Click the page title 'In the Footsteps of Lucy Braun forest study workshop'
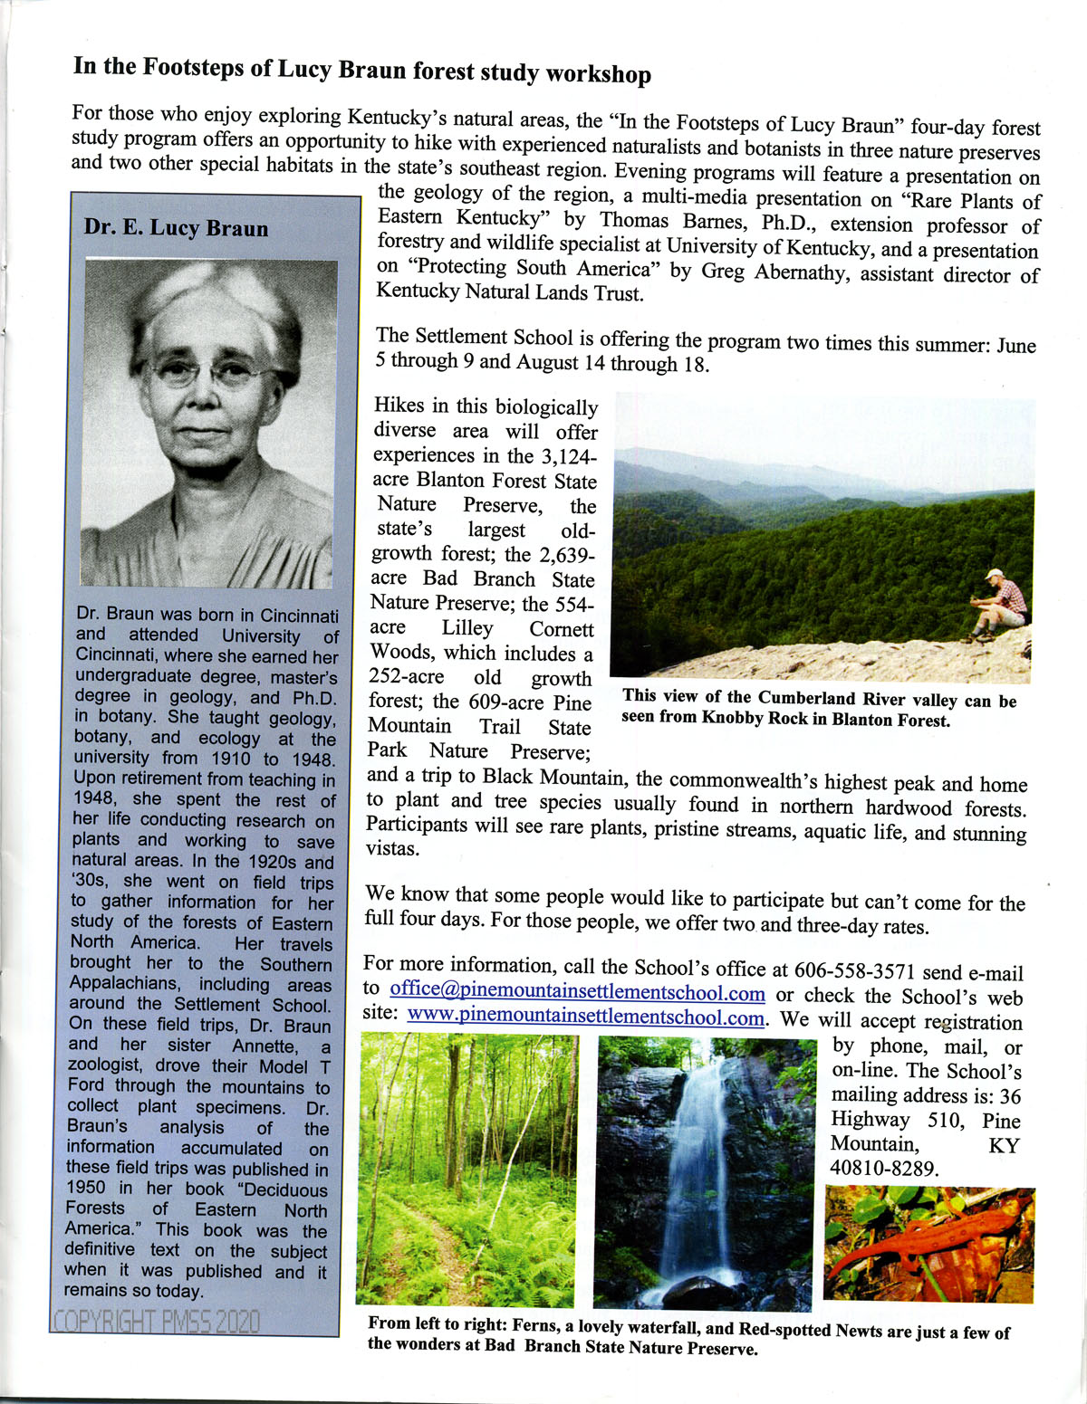coord(361,71)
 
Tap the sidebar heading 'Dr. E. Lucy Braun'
coord(176,227)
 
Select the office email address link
coord(577,993)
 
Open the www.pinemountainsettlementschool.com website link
coord(586,1017)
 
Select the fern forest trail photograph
coord(467,1168)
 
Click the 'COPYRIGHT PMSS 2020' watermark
coord(156,1321)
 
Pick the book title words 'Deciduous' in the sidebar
coord(285,1189)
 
